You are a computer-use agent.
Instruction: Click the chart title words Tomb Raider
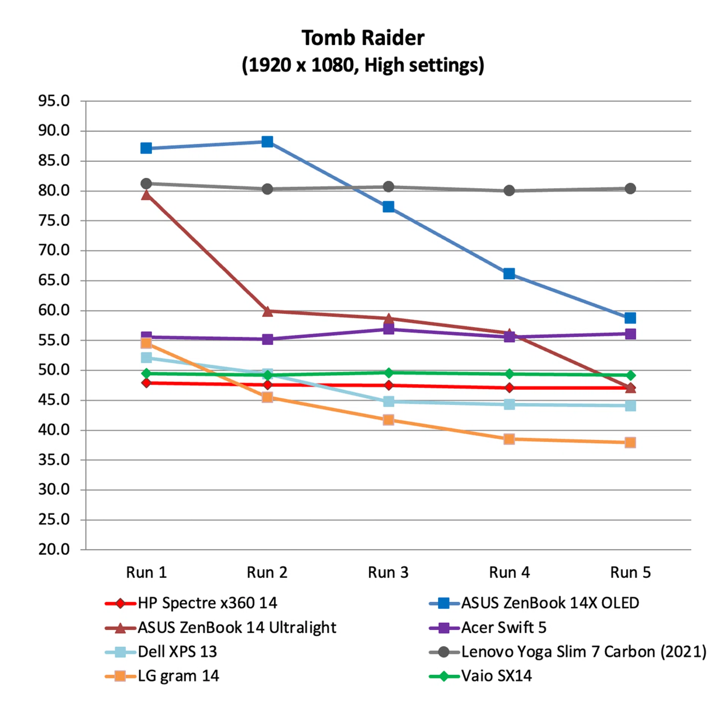click(x=362, y=38)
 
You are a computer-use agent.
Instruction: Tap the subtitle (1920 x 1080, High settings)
click(x=362, y=65)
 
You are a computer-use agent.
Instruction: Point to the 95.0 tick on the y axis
click(x=54, y=101)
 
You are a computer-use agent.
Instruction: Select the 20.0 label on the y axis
click(x=54, y=549)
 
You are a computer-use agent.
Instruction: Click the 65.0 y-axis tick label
click(x=54, y=280)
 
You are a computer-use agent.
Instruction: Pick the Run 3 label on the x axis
click(x=388, y=572)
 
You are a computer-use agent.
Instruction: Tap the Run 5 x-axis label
click(x=630, y=572)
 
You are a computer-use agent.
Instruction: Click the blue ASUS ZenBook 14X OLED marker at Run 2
click(x=267, y=142)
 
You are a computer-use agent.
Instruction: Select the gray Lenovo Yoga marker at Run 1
click(x=146, y=184)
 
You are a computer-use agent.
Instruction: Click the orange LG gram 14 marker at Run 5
click(x=630, y=443)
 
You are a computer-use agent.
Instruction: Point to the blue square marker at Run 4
click(x=509, y=273)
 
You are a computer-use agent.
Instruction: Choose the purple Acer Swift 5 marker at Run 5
click(x=630, y=334)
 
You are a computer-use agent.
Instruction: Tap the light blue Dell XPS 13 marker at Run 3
click(x=388, y=401)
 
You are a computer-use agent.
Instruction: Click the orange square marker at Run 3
click(x=388, y=420)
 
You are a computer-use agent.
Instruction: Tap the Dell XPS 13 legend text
click(x=177, y=651)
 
